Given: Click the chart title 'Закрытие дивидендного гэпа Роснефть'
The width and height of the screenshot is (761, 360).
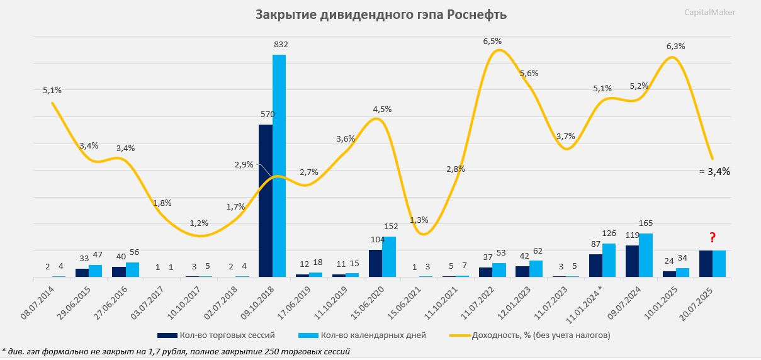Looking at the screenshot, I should [380, 14].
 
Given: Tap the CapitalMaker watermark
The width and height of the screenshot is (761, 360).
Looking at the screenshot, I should [709, 12].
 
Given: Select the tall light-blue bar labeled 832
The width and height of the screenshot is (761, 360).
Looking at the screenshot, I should [279, 166].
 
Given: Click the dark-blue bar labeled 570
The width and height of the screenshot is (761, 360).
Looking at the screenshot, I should [266, 201].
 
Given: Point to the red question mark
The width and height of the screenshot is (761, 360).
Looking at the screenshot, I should [713, 237].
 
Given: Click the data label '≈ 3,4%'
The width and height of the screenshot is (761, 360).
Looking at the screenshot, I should [714, 171].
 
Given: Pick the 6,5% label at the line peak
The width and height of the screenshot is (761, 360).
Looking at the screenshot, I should [492, 41].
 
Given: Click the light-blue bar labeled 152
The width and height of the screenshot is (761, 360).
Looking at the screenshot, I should [388, 257].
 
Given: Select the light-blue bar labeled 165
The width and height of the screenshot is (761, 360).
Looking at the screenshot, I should [645, 255].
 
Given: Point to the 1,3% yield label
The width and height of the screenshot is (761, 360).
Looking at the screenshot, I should [419, 220].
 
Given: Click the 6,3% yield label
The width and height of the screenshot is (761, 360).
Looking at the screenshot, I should [675, 46].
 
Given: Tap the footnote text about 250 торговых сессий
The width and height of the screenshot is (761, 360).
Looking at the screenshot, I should [176, 351].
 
